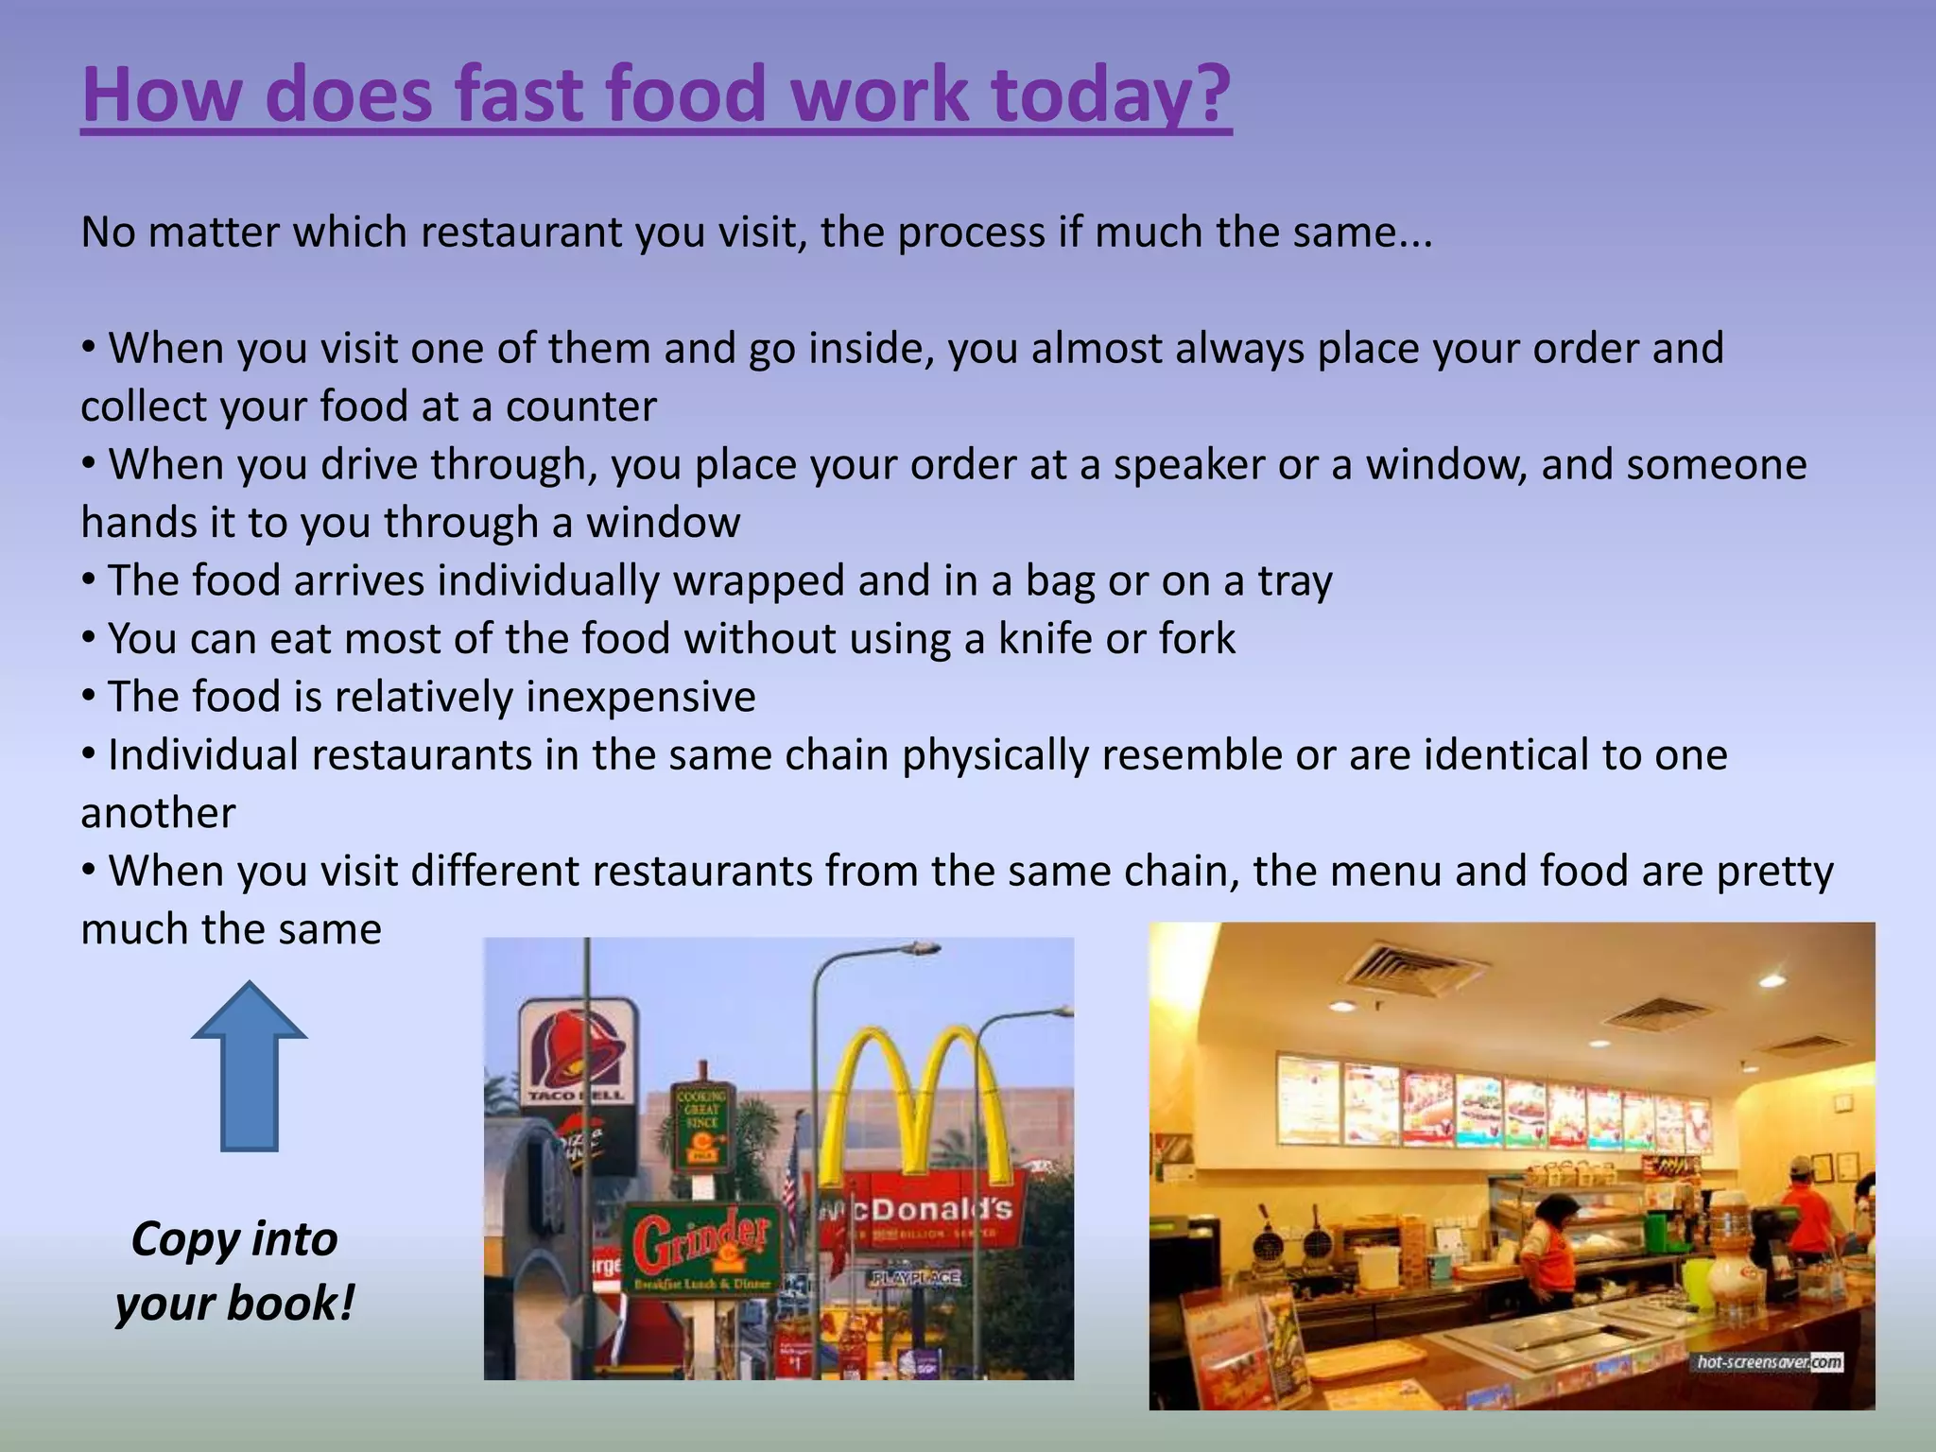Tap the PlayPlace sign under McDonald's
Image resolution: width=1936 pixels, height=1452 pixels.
tap(916, 1278)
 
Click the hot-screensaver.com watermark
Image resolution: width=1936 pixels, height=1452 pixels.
tap(1769, 1362)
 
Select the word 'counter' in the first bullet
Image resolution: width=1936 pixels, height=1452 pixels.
tap(580, 407)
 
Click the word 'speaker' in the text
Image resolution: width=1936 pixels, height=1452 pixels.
tap(1188, 465)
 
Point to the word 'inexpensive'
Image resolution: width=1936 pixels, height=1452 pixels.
tap(640, 698)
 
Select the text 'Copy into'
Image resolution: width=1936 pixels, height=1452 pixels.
tap(234, 1238)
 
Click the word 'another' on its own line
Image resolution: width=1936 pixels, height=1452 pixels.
tap(158, 814)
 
